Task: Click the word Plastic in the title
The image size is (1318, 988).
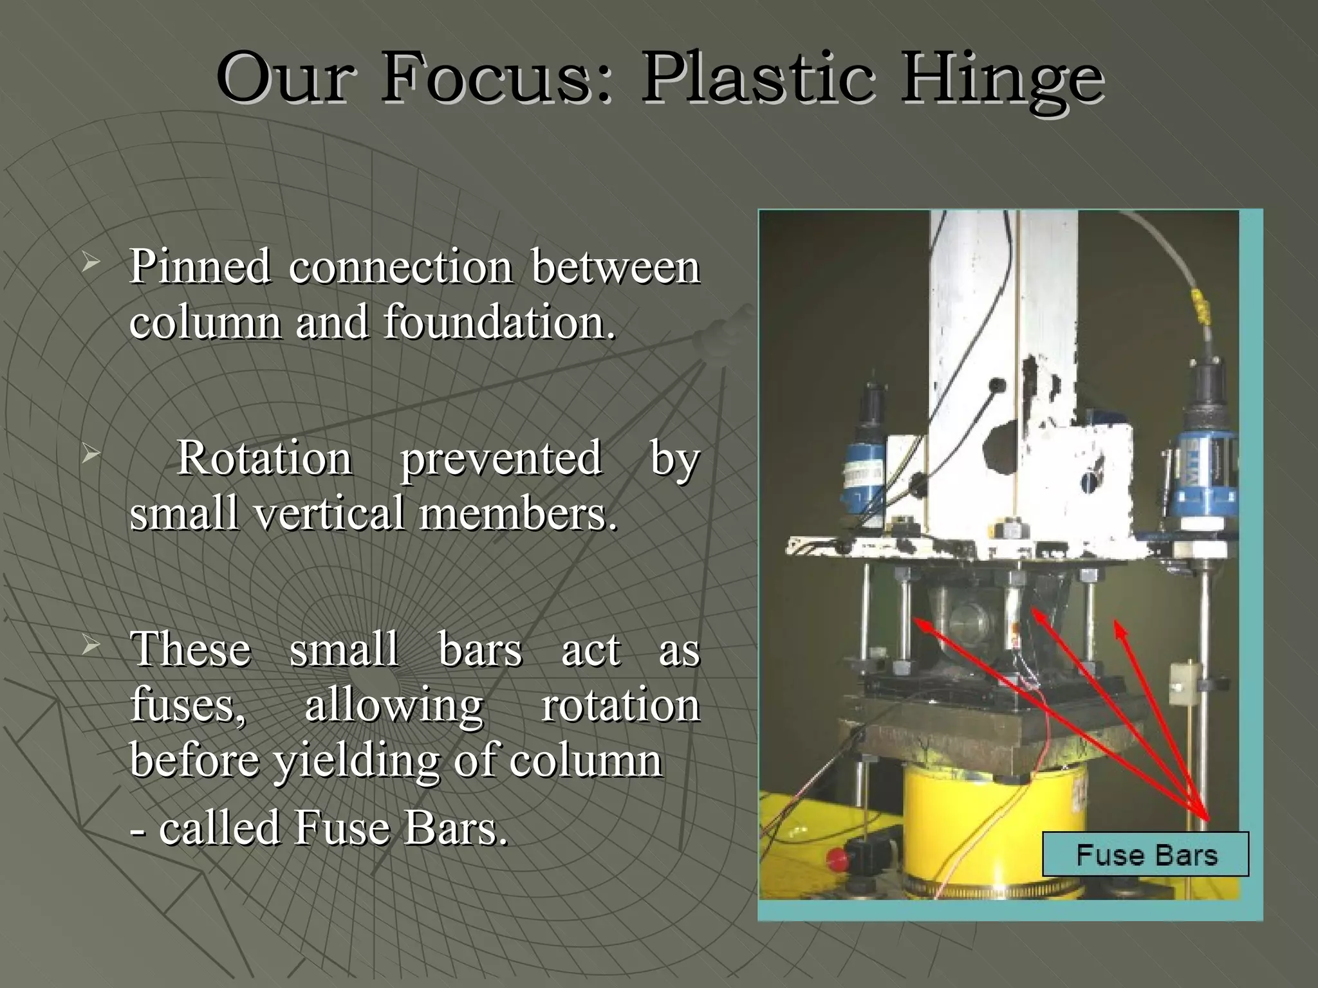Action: [x=759, y=78]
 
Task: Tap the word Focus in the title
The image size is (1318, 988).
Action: [x=494, y=78]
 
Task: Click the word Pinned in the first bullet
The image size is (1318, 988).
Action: [x=200, y=266]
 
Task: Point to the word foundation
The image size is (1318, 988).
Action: [x=499, y=321]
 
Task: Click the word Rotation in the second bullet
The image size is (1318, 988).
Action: [x=265, y=458]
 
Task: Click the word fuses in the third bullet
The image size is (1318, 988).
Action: [x=187, y=706]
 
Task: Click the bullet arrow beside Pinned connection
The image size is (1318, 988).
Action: [x=91, y=262]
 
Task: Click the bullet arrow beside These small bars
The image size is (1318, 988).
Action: [x=91, y=645]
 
